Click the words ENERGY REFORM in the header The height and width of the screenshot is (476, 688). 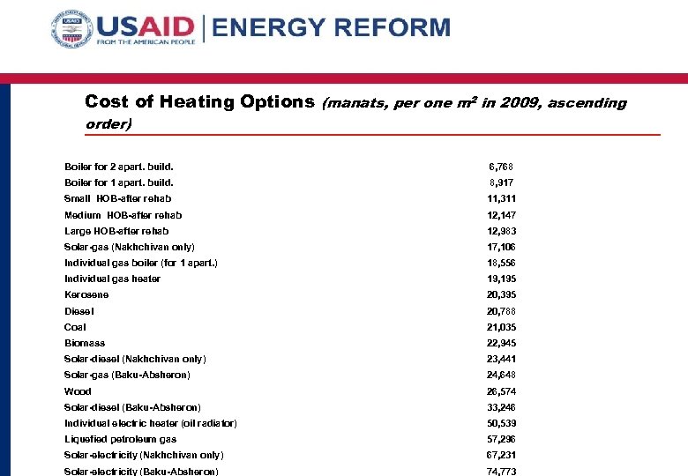331,27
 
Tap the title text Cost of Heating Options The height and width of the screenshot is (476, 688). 199,102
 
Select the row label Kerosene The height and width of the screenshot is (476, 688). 86,294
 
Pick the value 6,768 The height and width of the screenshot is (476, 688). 501,167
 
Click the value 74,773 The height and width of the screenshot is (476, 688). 503,472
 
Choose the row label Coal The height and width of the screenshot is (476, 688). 75,327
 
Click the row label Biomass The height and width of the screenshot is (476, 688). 85,343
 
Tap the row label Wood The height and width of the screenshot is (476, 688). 78,391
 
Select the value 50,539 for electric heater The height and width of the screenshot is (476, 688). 503,423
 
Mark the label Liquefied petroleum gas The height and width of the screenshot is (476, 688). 120,439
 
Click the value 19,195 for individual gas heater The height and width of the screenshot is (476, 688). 503,279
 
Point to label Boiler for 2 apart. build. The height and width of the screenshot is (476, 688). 119,167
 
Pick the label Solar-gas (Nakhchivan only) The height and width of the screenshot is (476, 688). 130,247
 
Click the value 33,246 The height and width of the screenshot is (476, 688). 503,407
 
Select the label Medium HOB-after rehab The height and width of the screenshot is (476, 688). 123,215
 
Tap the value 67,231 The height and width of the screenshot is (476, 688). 503,455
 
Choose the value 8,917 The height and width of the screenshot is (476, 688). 501,182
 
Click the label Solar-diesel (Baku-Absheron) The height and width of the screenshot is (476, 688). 132,407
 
